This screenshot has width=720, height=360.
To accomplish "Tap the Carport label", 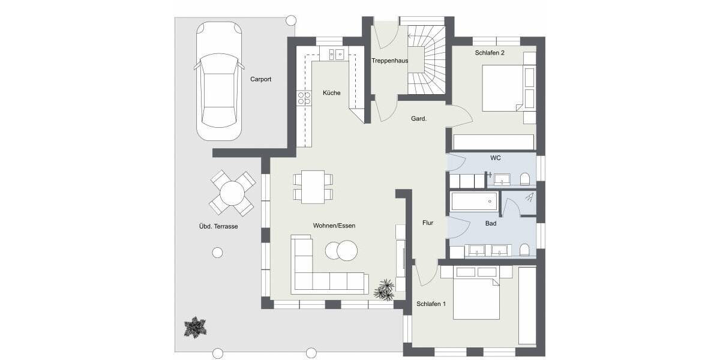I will pyautogui.click(x=260, y=79).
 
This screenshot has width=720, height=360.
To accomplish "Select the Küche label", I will pyautogui.click(x=331, y=93).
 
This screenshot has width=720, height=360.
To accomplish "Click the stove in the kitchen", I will pyautogui.click(x=304, y=98).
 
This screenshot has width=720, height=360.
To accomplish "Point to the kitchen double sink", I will pyautogui.click(x=335, y=55).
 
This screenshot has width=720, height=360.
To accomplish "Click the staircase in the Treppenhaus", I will pyautogui.click(x=427, y=60).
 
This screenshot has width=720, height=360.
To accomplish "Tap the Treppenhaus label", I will pyautogui.click(x=389, y=61).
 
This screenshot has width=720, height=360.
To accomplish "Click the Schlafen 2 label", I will pyautogui.click(x=490, y=53).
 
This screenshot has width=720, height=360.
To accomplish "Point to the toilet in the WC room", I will pyautogui.click(x=525, y=179).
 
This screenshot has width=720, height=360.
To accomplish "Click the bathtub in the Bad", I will pyautogui.click(x=474, y=202).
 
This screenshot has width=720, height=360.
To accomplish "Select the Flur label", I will pyautogui.click(x=427, y=223).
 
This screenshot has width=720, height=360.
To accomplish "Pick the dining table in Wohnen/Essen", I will pyautogui.click(x=313, y=187).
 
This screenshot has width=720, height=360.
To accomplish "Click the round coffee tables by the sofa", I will pyautogui.click(x=341, y=250).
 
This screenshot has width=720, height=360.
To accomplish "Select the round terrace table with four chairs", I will pyautogui.click(x=232, y=193).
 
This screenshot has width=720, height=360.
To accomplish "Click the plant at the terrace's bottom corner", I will pyautogui.click(x=195, y=328).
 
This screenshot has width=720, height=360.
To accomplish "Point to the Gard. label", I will pyautogui.click(x=418, y=119).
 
